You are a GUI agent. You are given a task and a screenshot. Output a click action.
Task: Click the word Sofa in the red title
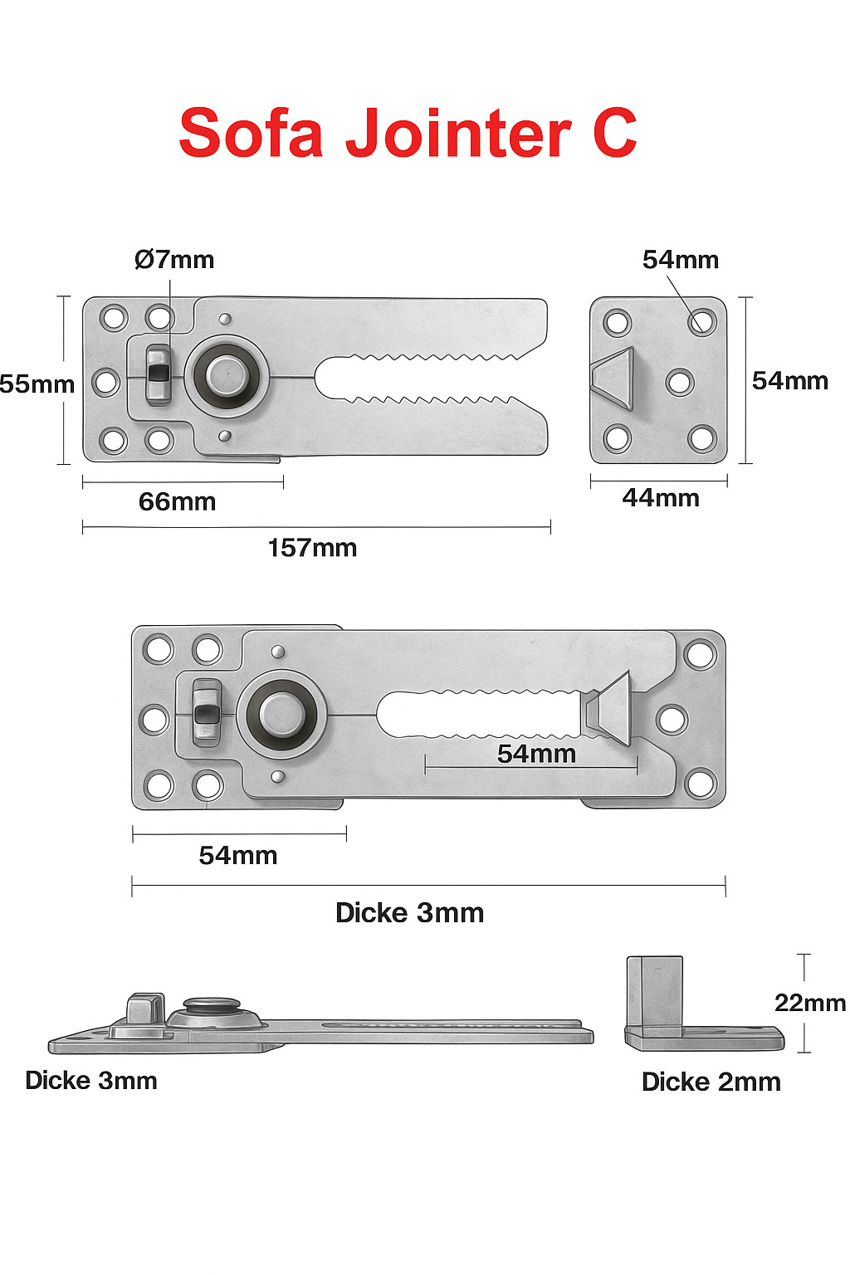click(251, 134)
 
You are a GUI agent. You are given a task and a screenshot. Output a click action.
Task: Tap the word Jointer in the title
click(457, 134)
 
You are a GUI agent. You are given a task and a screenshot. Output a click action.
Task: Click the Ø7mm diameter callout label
click(174, 260)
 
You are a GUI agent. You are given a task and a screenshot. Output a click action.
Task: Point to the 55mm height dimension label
click(37, 384)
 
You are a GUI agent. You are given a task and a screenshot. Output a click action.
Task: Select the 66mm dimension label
click(177, 501)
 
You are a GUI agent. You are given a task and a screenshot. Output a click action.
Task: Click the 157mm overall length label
click(312, 548)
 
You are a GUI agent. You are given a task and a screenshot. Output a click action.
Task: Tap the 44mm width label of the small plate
click(661, 498)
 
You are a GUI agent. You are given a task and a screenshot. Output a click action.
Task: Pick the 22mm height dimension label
click(809, 1003)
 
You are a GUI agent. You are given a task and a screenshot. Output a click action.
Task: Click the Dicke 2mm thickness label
click(711, 1082)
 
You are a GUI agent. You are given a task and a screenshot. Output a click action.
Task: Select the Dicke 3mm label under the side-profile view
click(91, 1081)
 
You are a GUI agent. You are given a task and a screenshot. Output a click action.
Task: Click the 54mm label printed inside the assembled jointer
click(536, 754)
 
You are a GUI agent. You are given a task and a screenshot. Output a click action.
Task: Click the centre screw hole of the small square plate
click(680, 382)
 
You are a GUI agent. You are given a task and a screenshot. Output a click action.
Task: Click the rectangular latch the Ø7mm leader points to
click(158, 375)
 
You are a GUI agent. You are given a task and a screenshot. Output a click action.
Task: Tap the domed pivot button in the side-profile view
click(212, 1008)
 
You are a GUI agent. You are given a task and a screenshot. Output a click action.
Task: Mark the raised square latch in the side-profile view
click(144, 1009)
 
